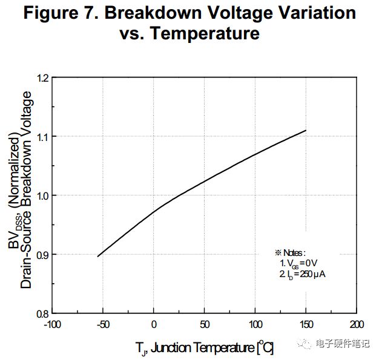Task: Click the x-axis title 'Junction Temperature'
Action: click(202, 348)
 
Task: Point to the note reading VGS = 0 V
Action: click(298, 263)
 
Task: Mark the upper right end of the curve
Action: click(306, 130)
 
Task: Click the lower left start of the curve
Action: click(97, 257)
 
